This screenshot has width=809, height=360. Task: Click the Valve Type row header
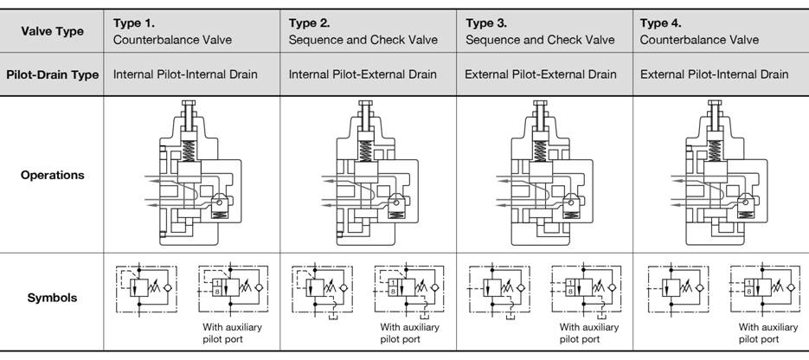[52, 31]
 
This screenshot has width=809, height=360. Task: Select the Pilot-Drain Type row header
[52, 74]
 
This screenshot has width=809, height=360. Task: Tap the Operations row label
[52, 175]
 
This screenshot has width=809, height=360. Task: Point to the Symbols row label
[52, 298]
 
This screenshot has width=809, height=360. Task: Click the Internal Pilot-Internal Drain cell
[185, 74]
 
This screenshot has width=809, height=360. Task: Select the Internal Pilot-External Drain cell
[363, 74]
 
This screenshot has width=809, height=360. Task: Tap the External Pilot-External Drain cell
[541, 74]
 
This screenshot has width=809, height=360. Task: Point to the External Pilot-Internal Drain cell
[715, 74]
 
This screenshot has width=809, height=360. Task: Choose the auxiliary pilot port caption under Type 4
[767, 333]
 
